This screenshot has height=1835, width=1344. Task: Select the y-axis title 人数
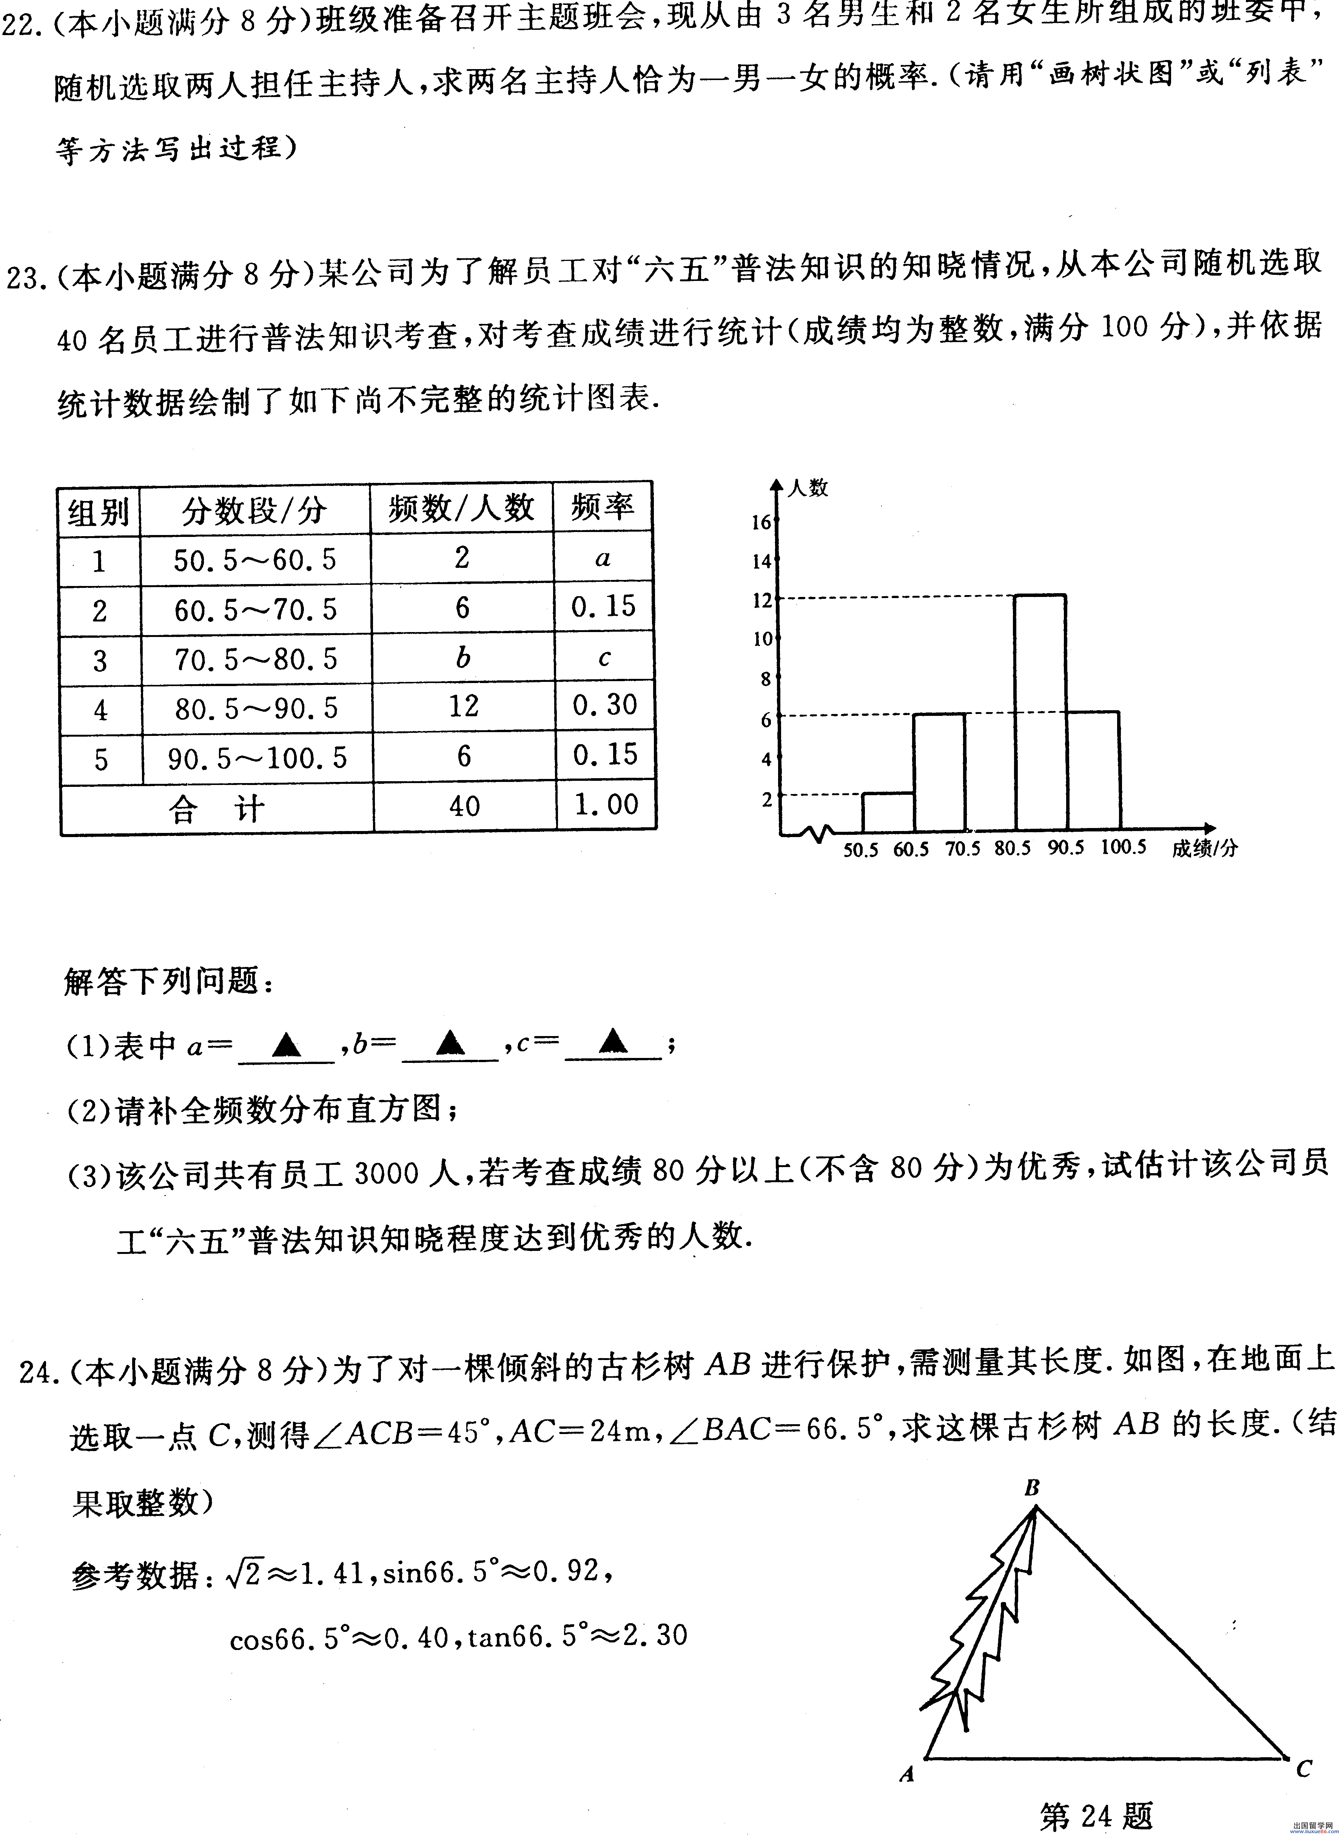click(808, 487)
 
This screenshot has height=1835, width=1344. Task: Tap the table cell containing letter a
click(603, 558)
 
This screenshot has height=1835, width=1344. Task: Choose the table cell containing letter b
click(462, 657)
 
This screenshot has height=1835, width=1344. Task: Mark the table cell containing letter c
click(604, 657)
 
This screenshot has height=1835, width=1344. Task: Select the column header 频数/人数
click(461, 509)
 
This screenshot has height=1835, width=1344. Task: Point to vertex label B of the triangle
click(1031, 1488)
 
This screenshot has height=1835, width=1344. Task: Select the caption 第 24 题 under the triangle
click(1096, 1815)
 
